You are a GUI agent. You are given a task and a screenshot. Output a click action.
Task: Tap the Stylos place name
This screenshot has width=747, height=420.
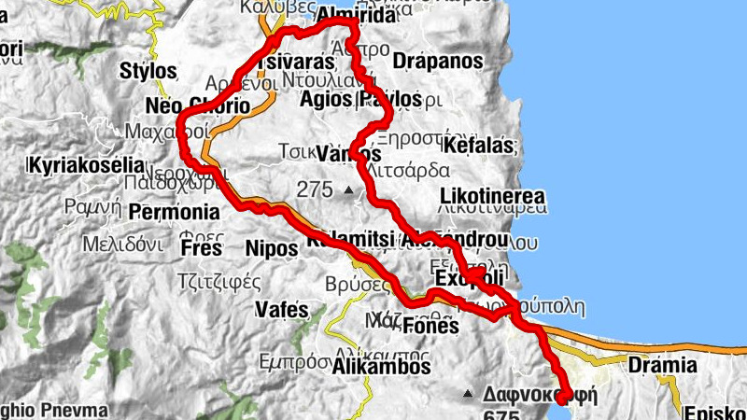pos(148,71)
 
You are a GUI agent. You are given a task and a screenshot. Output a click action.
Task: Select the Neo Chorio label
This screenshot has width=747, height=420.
pos(198,106)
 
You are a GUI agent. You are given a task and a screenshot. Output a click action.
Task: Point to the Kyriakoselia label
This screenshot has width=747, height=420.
pos(87,165)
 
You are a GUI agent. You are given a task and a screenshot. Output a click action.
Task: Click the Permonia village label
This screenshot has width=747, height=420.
pos(174,212)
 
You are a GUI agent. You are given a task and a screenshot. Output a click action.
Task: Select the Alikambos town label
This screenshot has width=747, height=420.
pos(382,367)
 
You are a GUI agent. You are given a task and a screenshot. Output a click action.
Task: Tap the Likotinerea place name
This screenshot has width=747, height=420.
pos(491,198)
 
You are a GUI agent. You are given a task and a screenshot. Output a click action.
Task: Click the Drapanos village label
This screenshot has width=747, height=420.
pos(438,62)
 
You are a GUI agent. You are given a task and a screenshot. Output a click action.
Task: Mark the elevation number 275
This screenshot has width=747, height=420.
pos(315,190)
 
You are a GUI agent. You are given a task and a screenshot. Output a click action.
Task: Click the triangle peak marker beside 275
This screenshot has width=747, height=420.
pos(348,191)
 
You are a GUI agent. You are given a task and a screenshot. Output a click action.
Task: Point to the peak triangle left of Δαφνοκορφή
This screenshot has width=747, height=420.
pos(468,393)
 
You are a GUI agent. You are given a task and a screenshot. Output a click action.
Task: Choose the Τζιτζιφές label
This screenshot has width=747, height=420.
pos(218,278)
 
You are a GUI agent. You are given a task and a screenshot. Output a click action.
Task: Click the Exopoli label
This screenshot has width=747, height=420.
pos(469,279)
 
